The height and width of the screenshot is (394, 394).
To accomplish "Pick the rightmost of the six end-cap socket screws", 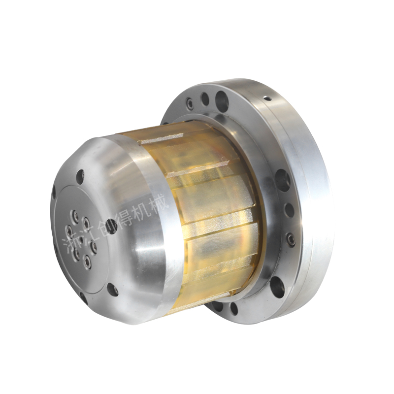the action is tap(94, 246).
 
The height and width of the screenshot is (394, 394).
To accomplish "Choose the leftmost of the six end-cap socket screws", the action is tap(68, 229).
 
